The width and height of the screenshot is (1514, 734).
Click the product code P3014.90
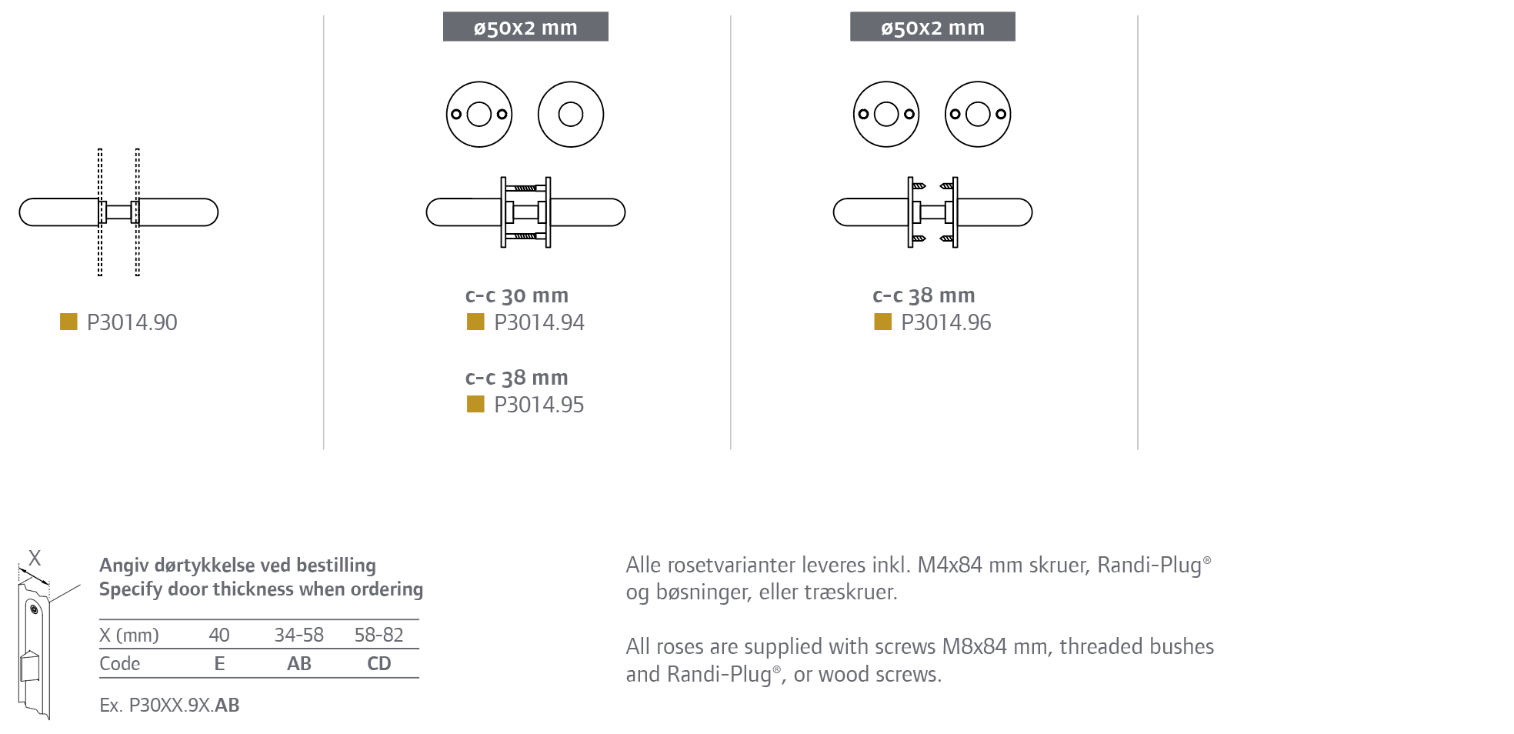click(x=132, y=322)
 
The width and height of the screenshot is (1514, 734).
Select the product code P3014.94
click(x=539, y=322)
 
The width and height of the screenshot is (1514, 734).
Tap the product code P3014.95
click(x=539, y=405)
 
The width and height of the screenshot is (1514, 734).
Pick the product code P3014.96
click(x=945, y=322)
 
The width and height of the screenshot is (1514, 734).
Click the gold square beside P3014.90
click(x=68, y=322)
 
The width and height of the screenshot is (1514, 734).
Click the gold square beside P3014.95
click(x=475, y=404)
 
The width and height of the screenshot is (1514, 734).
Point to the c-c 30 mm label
click(x=516, y=295)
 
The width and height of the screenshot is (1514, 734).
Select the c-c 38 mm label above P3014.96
click(x=923, y=295)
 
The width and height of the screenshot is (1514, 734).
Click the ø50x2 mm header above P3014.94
click(x=525, y=28)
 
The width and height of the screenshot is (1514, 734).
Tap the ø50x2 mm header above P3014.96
click(x=932, y=28)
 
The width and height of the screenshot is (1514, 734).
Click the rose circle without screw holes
click(x=571, y=115)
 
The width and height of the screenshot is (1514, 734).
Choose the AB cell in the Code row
click(x=299, y=664)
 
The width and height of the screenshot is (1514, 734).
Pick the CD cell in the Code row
click(x=379, y=664)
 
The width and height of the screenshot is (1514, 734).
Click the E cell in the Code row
click(x=219, y=664)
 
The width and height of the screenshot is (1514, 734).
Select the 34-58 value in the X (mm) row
click(x=299, y=636)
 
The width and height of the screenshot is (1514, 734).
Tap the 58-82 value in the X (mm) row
click(x=379, y=636)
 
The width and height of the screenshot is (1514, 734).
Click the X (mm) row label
click(x=129, y=636)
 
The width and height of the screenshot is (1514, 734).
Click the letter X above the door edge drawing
click(x=35, y=559)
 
